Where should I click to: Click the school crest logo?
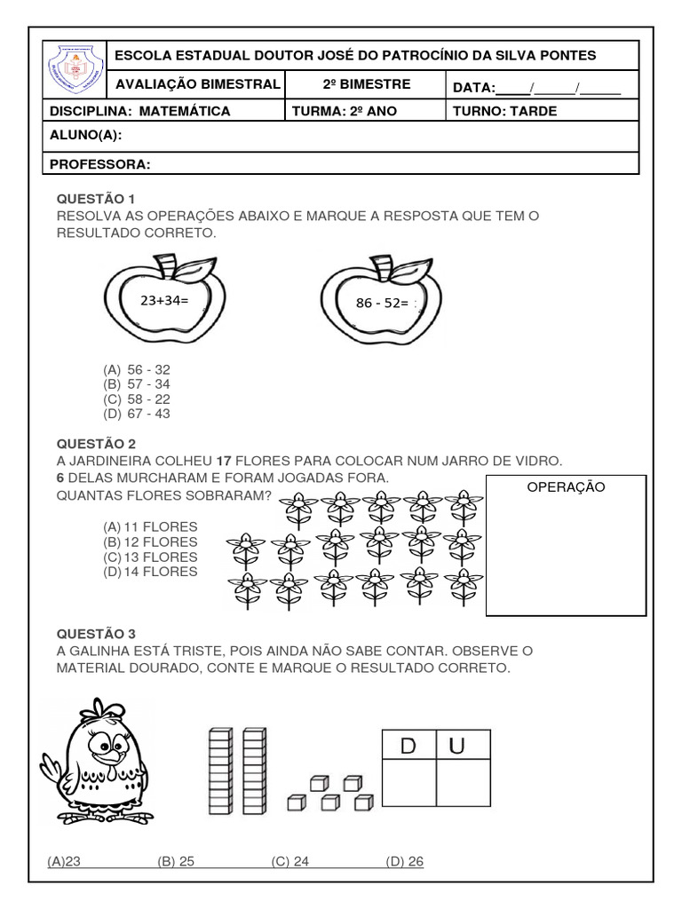coord(75,71)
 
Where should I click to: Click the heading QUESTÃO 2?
coord(96,442)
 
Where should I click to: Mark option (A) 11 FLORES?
coord(150,526)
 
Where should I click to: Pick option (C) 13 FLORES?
coord(150,557)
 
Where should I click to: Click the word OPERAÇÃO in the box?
coord(566,487)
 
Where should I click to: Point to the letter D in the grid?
coord(408,747)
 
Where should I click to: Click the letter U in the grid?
coord(456,747)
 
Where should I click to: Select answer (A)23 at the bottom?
coord(65,861)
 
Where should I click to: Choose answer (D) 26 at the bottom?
coord(405,861)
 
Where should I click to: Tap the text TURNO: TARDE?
coord(504,111)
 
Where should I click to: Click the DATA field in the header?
coord(536,86)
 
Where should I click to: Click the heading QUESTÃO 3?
coord(96,634)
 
